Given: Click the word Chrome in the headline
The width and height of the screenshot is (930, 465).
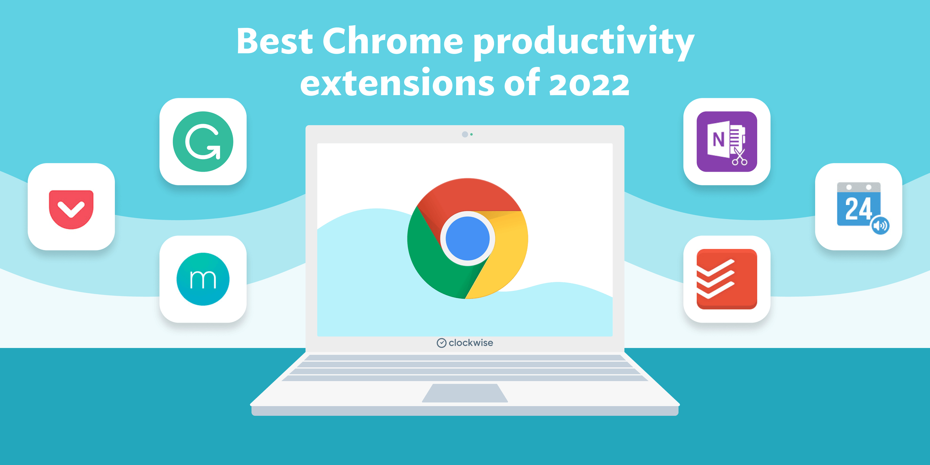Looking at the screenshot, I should (x=392, y=41).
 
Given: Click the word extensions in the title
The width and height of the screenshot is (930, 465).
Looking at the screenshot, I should (x=397, y=83).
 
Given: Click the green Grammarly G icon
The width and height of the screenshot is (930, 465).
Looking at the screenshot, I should (x=203, y=142).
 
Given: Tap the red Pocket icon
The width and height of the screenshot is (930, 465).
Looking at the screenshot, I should (x=71, y=209).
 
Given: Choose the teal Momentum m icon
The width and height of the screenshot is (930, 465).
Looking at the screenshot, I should (x=203, y=279).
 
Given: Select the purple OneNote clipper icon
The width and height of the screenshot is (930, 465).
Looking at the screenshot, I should (x=726, y=142).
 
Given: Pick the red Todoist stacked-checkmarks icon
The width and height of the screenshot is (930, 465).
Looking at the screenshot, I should (x=726, y=279).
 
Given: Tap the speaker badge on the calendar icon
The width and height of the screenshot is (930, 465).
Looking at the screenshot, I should (x=880, y=226).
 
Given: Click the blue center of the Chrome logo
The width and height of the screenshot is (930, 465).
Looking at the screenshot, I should (x=468, y=238).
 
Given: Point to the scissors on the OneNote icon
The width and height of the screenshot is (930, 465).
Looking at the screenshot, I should (x=739, y=157).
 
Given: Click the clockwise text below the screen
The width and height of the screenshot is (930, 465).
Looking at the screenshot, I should (x=470, y=343).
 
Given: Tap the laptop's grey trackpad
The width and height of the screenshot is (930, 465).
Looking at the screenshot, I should (x=465, y=393).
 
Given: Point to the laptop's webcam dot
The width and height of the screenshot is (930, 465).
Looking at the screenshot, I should (x=465, y=134).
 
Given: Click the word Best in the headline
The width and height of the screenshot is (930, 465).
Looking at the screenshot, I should (x=274, y=41).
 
